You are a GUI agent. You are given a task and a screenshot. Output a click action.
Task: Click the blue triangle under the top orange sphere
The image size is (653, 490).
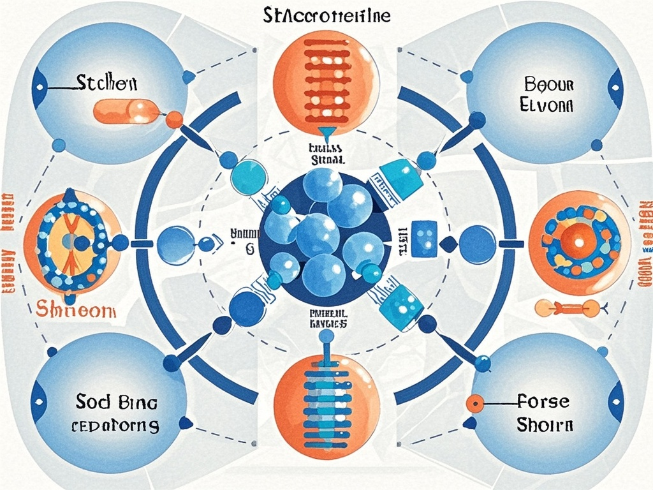(x=326, y=135)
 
